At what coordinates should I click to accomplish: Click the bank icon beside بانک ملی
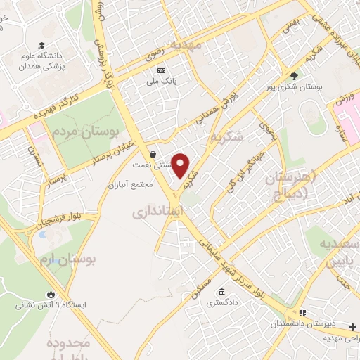tap(161, 70)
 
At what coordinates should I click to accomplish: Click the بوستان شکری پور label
tap(299, 88)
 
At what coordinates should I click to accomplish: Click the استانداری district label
tap(158, 210)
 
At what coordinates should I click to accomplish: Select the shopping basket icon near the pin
tap(153, 154)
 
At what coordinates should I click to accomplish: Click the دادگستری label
tap(222, 304)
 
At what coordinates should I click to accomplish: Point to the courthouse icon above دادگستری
tap(222, 292)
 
